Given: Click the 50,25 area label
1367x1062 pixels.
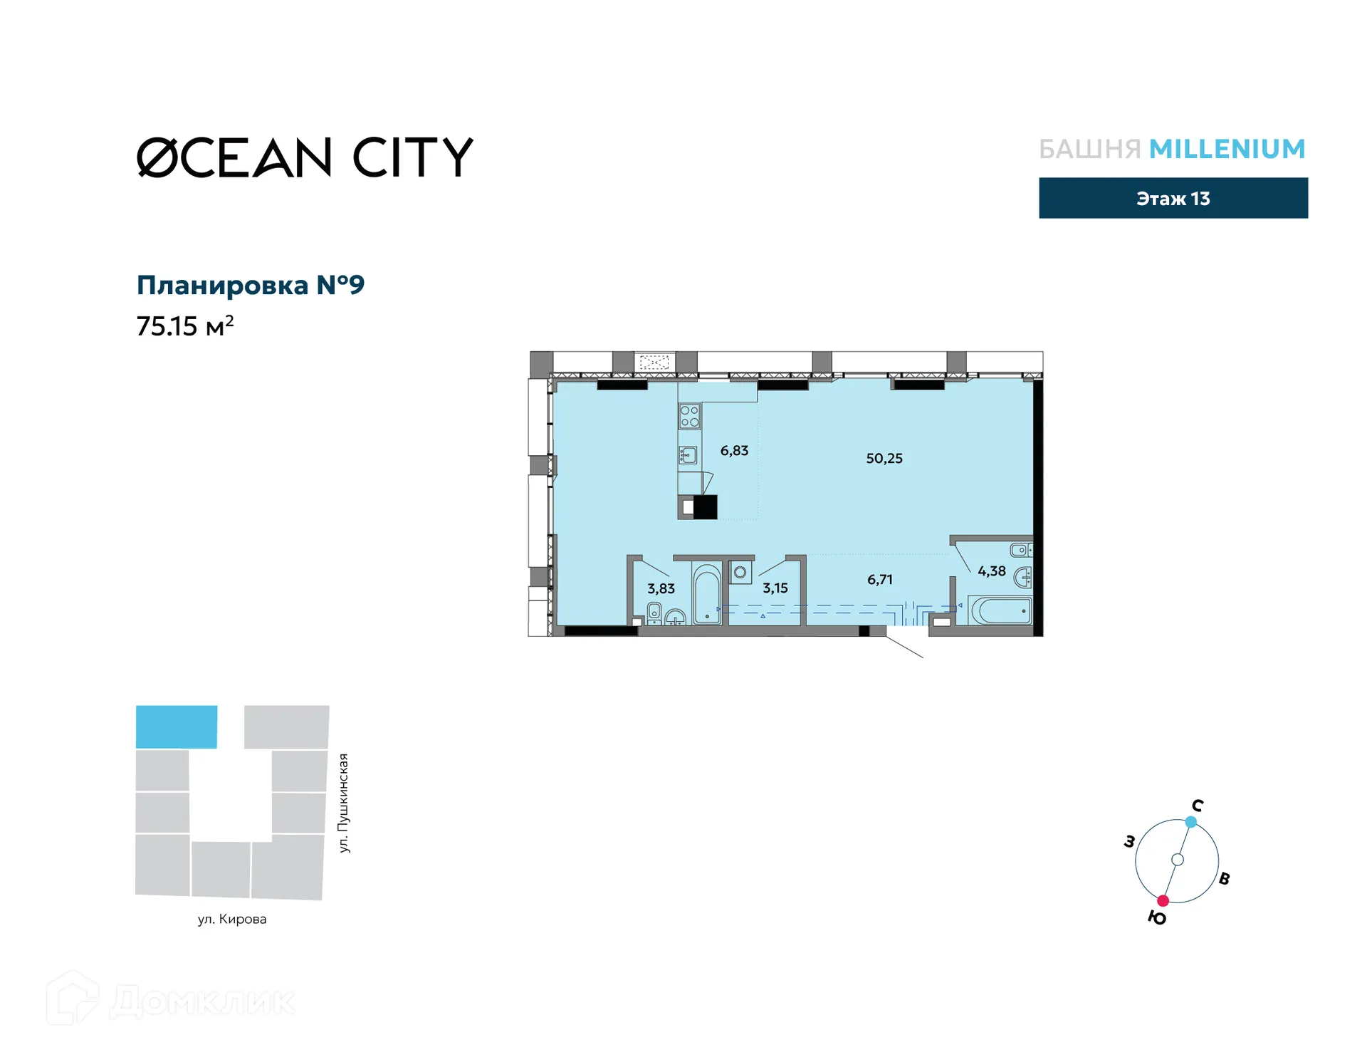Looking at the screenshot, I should point(884,459).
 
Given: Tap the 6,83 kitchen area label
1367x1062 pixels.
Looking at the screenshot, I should point(734,451).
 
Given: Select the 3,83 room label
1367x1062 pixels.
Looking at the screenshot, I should point(661,589).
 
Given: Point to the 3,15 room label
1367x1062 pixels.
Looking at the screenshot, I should point(775,588).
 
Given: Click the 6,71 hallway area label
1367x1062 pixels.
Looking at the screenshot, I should point(879,580).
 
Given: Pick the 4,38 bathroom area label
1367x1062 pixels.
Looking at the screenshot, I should point(991,571).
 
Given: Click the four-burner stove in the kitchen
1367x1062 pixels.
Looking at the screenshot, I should point(689,416).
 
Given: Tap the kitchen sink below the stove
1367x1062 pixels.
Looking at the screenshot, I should point(688,454).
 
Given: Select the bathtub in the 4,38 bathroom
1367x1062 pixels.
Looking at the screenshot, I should point(1000,610).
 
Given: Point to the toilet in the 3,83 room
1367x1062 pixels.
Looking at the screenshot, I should point(654,613).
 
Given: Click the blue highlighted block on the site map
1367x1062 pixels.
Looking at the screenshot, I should point(177,727).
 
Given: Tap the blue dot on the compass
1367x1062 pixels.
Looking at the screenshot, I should point(1191,822).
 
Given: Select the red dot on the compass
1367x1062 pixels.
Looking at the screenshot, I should point(1163,901).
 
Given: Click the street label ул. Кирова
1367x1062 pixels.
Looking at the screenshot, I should point(232,920).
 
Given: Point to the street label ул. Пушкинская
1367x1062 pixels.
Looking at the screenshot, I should point(344,803).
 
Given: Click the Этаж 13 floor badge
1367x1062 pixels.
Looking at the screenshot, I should point(1173,198).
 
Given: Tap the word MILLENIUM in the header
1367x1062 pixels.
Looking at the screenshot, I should point(1227,149).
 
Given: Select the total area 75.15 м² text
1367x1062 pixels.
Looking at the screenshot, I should point(185,326).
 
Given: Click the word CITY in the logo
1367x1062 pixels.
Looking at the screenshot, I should point(413,157).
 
